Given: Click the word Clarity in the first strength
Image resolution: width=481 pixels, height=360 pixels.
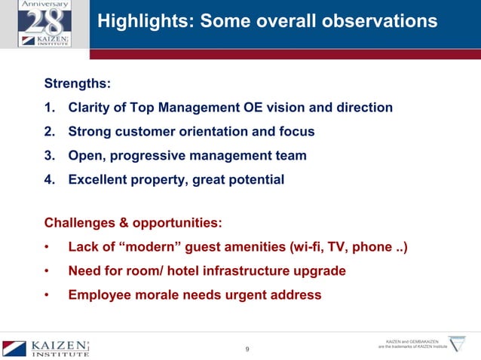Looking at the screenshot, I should [x=90, y=108].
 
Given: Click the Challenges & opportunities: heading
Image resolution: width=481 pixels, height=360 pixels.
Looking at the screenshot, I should [x=132, y=222].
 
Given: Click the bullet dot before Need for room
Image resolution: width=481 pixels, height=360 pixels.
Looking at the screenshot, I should [x=47, y=270].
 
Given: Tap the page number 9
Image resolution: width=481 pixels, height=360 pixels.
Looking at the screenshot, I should [x=249, y=348].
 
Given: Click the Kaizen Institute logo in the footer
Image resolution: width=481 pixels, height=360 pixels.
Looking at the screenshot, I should [x=46, y=348].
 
